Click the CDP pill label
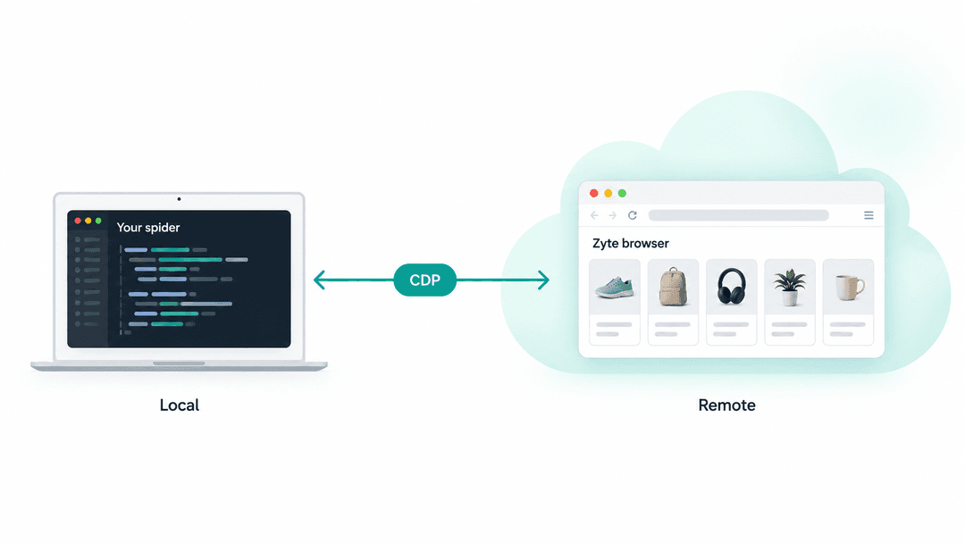424,280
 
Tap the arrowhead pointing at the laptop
319,280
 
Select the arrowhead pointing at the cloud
543,280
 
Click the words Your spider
148,228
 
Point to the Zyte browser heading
630,244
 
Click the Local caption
179,405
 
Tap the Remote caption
726,405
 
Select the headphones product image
731,287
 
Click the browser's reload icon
632,215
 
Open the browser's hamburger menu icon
868,215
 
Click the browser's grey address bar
739,215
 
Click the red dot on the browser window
594,193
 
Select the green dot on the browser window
622,193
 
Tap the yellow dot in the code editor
88,221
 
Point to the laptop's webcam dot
179,199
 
